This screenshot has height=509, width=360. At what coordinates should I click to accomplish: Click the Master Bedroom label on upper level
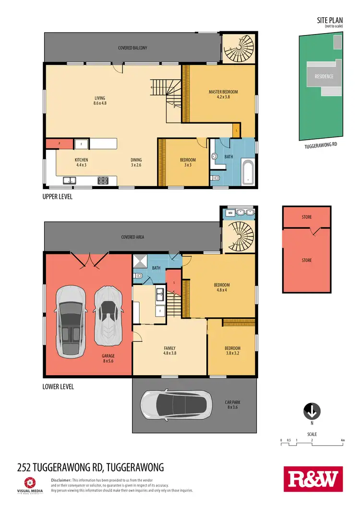[223, 95]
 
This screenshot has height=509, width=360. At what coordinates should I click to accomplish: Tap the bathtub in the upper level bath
[248, 172]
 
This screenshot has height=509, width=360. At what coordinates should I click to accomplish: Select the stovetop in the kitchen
[103, 180]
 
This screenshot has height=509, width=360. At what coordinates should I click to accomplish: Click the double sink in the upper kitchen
[70, 180]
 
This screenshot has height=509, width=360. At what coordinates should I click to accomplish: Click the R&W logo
[314, 478]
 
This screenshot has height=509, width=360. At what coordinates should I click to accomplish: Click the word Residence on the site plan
[324, 76]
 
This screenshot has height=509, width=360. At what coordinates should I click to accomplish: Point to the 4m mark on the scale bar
[343, 440]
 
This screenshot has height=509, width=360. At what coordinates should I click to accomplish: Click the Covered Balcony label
[132, 48]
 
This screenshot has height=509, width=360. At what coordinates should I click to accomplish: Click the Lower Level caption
[58, 386]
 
